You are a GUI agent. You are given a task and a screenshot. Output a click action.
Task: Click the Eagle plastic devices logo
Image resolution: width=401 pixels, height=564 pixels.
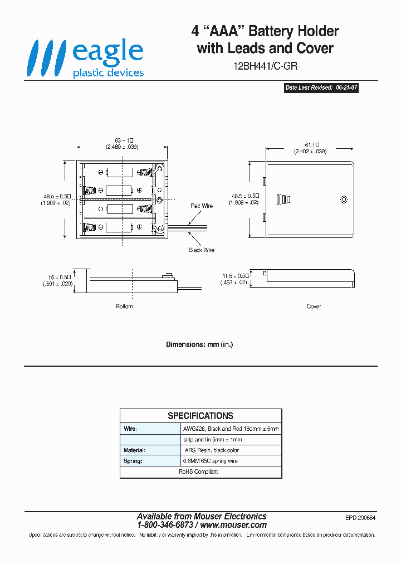pos(87,58)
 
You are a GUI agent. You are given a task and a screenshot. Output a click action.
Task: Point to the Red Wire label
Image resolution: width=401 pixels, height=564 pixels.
pos(202,206)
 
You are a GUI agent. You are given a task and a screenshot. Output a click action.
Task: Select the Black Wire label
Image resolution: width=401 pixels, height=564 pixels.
pos(202,250)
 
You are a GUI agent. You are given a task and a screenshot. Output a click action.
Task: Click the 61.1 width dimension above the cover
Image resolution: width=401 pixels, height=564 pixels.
pos(310,148)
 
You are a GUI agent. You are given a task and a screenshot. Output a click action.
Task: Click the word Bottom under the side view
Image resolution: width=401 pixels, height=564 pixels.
pos(124,307)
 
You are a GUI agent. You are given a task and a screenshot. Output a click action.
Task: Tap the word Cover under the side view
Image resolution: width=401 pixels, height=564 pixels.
pos(314,307)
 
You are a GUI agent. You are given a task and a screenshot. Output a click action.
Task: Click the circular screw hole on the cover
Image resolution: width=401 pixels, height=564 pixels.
pos(344,199)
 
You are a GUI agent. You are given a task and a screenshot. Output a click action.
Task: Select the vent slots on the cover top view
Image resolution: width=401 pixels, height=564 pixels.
pos(283,200)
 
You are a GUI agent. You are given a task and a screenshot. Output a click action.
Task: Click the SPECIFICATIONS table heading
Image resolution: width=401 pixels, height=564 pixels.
pos(200,416)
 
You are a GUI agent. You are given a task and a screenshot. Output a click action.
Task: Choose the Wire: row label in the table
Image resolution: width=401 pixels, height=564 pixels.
pos(130,429)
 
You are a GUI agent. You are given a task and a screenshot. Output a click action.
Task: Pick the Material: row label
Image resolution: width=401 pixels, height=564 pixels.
pos(134,450)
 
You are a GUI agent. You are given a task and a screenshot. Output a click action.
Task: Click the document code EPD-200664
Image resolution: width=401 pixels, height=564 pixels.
pos(360,518)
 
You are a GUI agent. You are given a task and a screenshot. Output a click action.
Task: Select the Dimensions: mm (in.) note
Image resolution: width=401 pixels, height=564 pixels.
pos(199,344)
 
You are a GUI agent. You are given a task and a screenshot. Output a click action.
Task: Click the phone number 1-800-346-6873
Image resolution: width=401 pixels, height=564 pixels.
pos(165,525)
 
